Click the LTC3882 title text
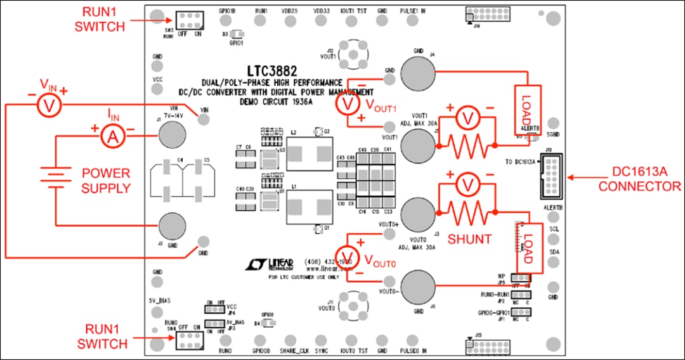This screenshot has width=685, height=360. coord(273,71)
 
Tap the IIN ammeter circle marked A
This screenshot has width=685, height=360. coord(112,136)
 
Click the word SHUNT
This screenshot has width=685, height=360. coord(470,239)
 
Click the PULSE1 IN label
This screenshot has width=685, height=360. coord(414,11)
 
